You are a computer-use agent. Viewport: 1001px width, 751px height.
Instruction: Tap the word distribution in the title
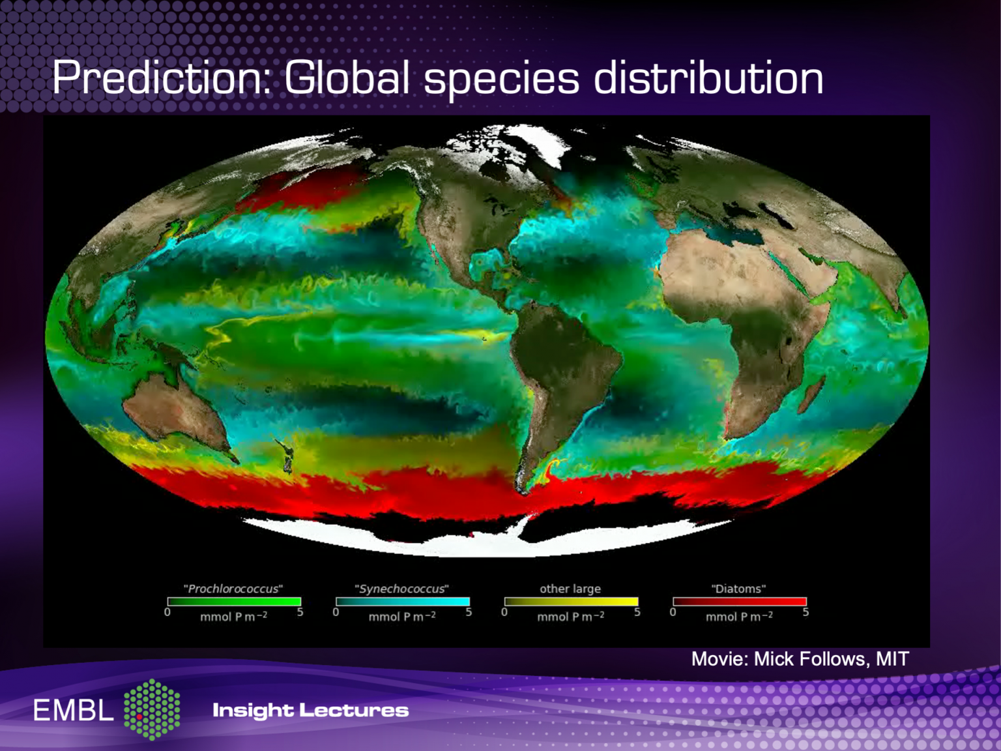click(x=708, y=78)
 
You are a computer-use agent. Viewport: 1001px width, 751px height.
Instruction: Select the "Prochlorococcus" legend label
click(x=233, y=589)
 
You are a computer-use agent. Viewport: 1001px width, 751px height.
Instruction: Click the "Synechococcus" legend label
click(x=402, y=589)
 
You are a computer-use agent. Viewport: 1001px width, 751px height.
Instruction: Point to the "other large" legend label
click(x=570, y=589)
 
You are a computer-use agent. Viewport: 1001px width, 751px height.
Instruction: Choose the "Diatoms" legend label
click(x=738, y=589)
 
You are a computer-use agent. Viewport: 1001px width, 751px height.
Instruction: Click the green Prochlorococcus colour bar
click(x=234, y=602)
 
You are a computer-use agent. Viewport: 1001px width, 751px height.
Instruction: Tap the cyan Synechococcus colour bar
click(x=402, y=602)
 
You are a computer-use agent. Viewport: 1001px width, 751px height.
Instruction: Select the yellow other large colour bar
click(x=571, y=602)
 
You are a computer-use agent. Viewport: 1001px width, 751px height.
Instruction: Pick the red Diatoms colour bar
click(x=739, y=602)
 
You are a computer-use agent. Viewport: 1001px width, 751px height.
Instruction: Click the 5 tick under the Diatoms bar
click(x=805, y=613)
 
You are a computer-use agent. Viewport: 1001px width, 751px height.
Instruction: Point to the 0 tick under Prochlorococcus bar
click(x=167, y=613)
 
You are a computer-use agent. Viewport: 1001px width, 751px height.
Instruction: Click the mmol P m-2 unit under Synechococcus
click(x=402, y=617)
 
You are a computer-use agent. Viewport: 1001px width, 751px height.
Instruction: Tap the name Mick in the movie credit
click(x=774, y=659)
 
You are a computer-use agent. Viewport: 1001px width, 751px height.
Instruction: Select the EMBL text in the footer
click(x=74, y=711)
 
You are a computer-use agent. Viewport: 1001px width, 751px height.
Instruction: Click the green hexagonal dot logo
click(x=152, y=709)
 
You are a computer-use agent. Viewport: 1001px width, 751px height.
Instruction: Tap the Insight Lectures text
click(x=310, y=710)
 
